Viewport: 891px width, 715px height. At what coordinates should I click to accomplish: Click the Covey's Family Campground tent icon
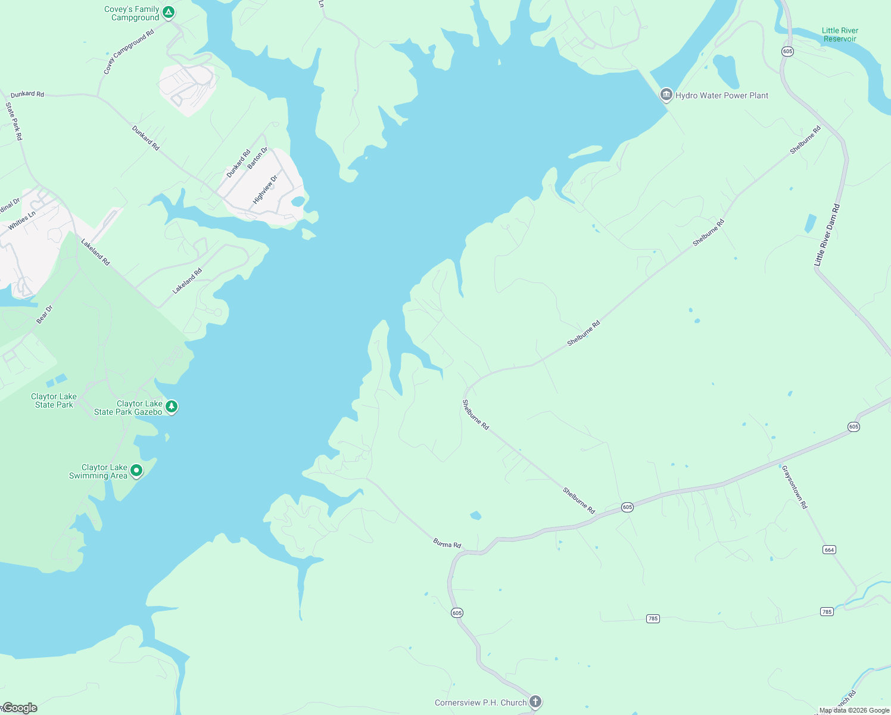(169, 12)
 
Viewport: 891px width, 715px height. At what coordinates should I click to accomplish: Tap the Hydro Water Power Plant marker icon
(666, 95)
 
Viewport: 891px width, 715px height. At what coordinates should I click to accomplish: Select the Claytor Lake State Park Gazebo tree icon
(172, 407)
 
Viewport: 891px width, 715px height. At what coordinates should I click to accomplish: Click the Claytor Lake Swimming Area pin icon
(136, 471)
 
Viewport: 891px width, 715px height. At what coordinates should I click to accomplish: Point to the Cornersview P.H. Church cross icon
(535, 702)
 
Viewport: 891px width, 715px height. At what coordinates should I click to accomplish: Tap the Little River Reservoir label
(840, 35)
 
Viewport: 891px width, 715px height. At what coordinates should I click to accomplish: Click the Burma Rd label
(447, 543)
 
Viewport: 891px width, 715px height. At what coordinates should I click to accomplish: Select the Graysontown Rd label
(795, 487)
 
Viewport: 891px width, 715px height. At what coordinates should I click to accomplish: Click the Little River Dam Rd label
(827, 235)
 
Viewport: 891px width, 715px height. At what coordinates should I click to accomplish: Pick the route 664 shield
(829, 549)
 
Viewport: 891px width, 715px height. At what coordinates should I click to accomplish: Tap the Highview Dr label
(266, 189)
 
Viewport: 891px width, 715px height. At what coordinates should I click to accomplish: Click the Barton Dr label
(258, 158)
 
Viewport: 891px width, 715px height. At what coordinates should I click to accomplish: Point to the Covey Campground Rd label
(129, 52)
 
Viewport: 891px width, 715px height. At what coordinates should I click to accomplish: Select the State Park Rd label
(14, 122)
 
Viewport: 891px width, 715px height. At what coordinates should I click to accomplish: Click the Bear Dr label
(45, 315)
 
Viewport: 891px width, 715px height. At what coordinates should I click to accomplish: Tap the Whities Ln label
(22, 220)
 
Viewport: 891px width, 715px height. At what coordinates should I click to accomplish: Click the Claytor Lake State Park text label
(54, 400)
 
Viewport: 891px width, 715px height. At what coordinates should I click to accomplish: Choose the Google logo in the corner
(20, 708)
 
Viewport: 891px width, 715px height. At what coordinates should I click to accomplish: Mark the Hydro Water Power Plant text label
(722, 95)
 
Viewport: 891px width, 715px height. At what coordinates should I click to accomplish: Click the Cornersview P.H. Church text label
(481, 702)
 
